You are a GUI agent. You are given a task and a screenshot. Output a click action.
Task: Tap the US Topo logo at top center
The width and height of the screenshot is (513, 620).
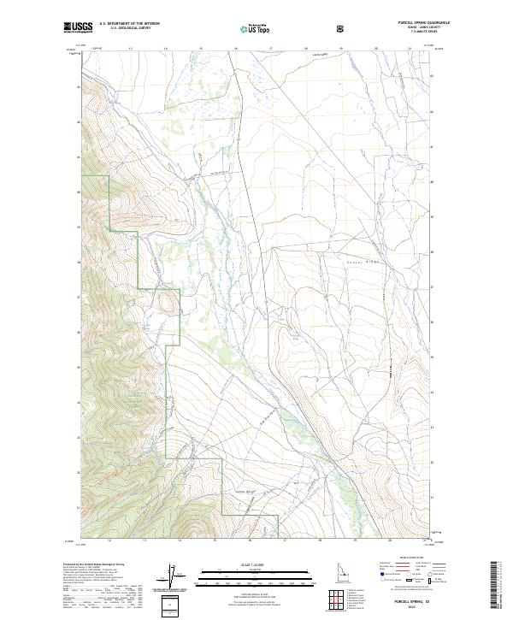tap(256, 28)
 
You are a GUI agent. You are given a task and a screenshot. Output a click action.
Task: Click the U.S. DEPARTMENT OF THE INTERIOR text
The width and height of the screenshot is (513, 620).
tap(129, 24)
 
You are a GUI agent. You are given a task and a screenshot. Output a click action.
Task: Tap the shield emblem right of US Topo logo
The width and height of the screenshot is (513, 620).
tap(341, 28)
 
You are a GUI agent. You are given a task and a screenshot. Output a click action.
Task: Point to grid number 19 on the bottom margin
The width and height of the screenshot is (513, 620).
tap(353, 541)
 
